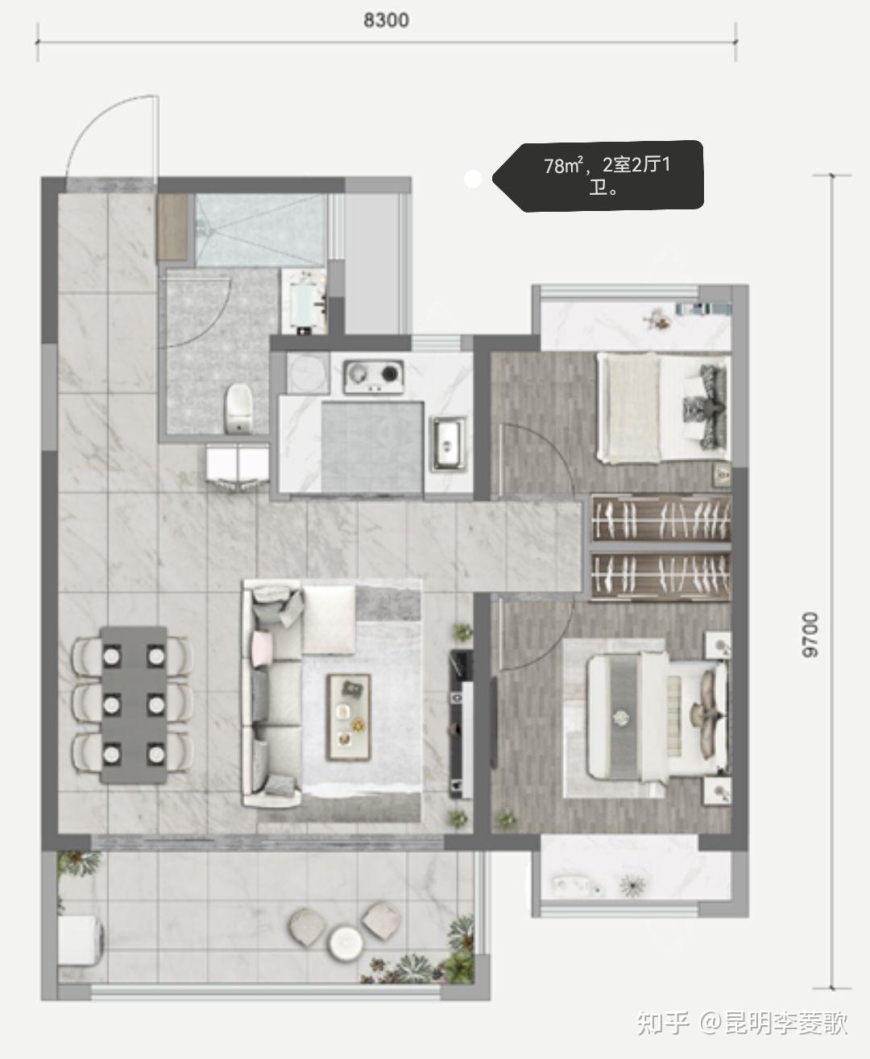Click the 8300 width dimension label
click(386, 20)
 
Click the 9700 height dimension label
click(810, 635)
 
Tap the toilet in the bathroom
click(238, 409)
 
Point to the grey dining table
click(134, 705)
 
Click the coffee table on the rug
click(348, 717)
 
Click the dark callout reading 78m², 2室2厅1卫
click(598, 176)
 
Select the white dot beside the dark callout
click(472, 179)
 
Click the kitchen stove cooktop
click(374, 377)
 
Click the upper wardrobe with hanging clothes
click(661, 518)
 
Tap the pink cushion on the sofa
click(263, 648)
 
